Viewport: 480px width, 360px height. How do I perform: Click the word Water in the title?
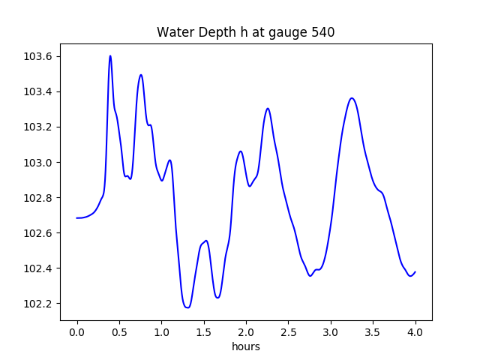[x=173, y=32]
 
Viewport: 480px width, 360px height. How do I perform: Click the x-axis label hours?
[x=246, y=346]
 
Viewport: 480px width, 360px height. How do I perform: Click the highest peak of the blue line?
[x=110, y=55]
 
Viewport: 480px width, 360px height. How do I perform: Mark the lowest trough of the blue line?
[x=187, y=307]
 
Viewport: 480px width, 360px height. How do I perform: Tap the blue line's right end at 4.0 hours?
[x=415, y=271]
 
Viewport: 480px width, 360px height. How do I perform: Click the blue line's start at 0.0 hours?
[x=77, y=218]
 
